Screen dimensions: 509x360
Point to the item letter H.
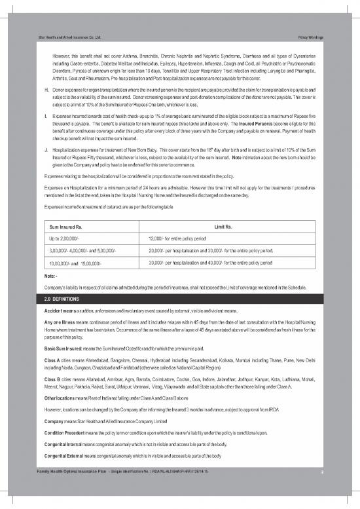click(46, 87)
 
